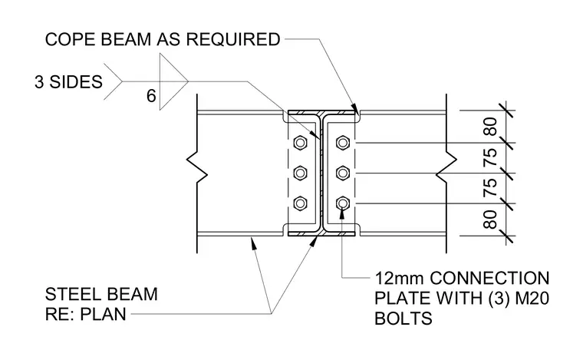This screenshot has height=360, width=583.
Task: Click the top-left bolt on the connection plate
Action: (300, 143)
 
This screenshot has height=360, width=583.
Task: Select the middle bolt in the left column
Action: (300, 173)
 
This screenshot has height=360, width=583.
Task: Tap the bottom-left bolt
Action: (300, 203)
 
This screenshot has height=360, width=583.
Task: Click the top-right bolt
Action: (342, 143)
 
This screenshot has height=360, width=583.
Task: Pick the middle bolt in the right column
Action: (342, 173)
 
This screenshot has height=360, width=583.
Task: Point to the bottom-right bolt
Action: (342, 203)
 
